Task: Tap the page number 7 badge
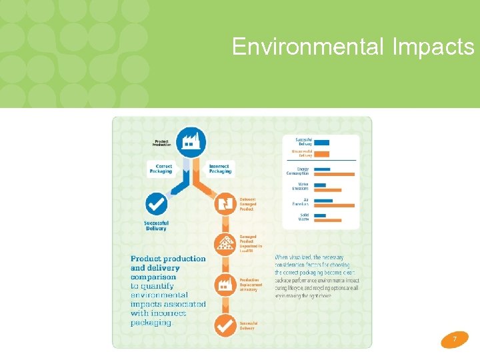click(455, 339)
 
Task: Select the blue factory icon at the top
click(191, 141)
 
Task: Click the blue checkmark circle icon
click(156, 204)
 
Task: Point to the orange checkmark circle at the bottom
click(224, 326)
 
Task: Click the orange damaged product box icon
click(224, 203)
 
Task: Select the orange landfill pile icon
click(224, 243)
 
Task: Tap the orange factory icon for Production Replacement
click(224, 285)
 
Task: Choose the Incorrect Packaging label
click(220, 169)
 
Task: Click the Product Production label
click(161, 142)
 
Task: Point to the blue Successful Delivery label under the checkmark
click(156, 225)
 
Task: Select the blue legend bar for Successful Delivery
click(321, 142)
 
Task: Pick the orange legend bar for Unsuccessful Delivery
click(321, 153)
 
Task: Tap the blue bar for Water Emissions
click(319, 186)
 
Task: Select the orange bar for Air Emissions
click(334, 205)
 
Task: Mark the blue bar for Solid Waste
click(318, 215)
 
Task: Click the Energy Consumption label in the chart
click(299, 171)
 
